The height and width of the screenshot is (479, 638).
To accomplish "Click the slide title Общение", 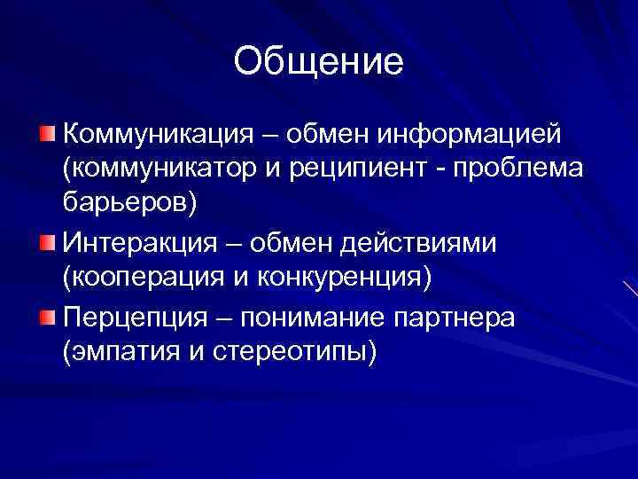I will pos(319,61).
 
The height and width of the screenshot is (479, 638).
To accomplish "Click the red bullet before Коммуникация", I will pos(46,134).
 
